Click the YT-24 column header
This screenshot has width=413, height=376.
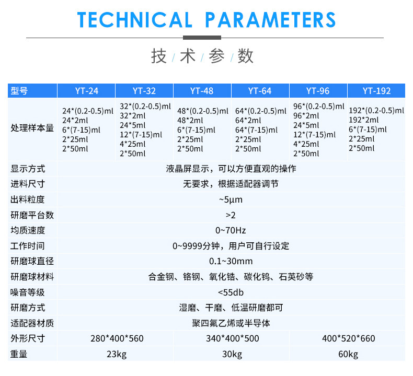[87, 91]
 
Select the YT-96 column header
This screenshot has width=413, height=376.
[318, 91]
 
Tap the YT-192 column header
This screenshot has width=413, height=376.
[376, 91]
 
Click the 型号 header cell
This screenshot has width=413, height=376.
[19, 91]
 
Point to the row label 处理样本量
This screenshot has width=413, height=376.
[32, 128]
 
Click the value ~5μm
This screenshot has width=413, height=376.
[231, 199]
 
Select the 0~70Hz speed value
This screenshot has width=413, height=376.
[231, 230]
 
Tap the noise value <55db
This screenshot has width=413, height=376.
[231, 292]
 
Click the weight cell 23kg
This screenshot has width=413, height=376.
[117, 354]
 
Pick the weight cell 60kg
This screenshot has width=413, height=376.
[348, 354]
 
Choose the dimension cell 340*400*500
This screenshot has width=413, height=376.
[232, 338]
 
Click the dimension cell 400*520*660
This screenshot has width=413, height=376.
[349, 338]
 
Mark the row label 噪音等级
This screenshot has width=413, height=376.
[28, 292]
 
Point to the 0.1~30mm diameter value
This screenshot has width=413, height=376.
[231, 261]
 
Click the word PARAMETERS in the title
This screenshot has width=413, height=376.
[270, 20]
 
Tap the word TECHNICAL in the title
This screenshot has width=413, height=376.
[135, 20]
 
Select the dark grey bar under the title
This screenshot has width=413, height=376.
[202, 38]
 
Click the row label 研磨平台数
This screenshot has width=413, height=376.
[32, 215]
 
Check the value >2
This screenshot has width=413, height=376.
[231, 215]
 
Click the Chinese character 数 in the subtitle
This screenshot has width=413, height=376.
[246, 56]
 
